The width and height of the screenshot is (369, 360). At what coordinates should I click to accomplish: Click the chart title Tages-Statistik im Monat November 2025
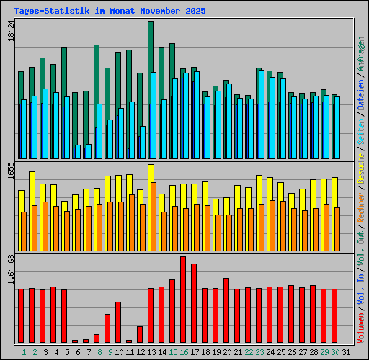[110, 12]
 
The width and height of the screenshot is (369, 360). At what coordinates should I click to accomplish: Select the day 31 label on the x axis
[347, 352]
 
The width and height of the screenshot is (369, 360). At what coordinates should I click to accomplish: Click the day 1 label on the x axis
[24, 352]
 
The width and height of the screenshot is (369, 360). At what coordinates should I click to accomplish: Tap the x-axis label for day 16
[184, 352]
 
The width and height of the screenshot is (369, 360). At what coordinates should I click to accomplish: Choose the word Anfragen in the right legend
[360, 55]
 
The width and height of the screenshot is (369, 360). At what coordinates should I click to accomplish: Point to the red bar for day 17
[194, 303]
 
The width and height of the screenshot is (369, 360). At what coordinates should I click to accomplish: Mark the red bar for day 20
[226, 310]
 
